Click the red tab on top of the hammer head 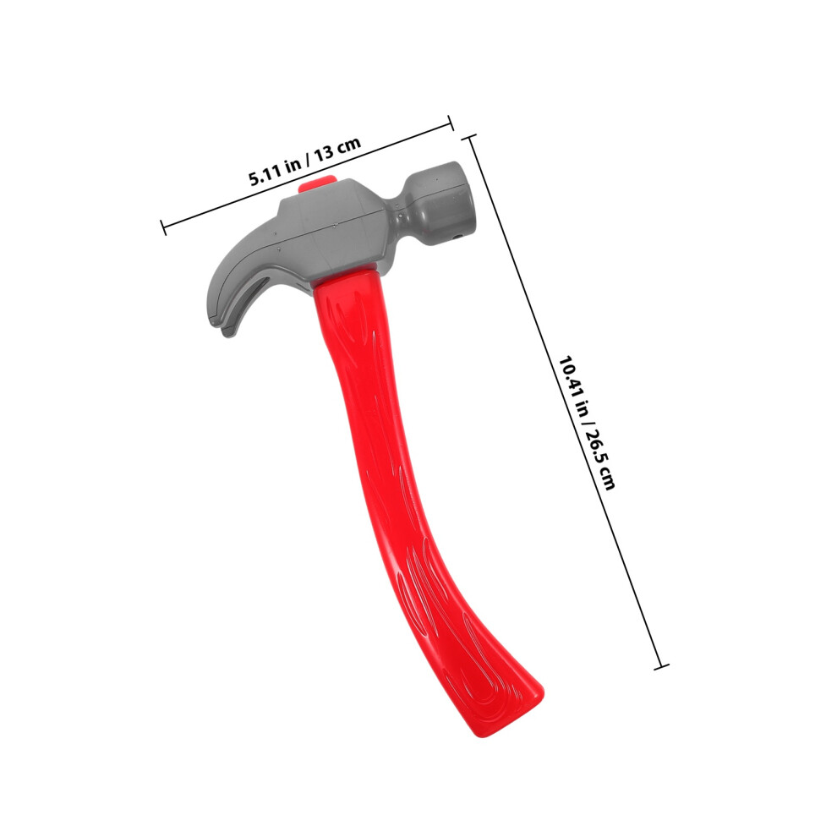pyautogui.click(x=316, y=184)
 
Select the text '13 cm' pyautogui.click(x=337, y=149)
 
